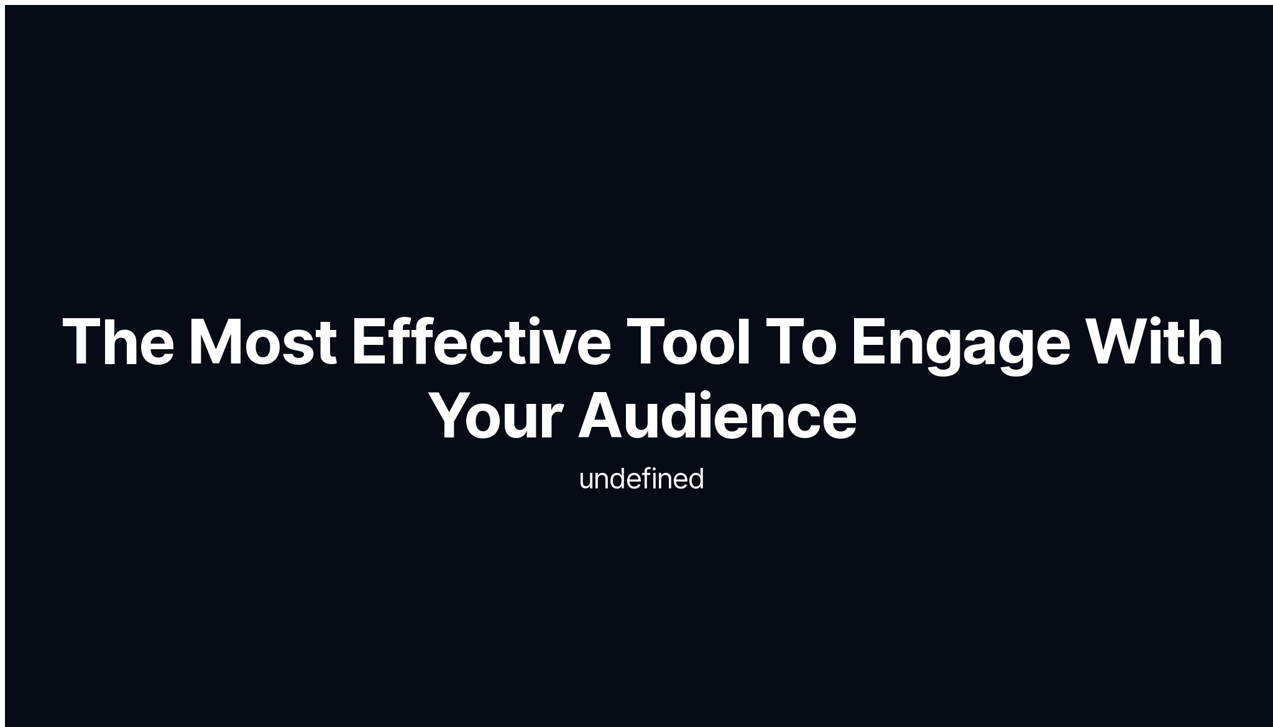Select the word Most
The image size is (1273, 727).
point(262,342)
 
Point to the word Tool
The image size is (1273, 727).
point(689,342)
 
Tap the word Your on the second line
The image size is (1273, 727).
point(497,416)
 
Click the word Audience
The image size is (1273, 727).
point(717,416)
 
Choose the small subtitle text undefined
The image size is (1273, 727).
point(641,479)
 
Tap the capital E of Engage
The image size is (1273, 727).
point(868,342)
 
